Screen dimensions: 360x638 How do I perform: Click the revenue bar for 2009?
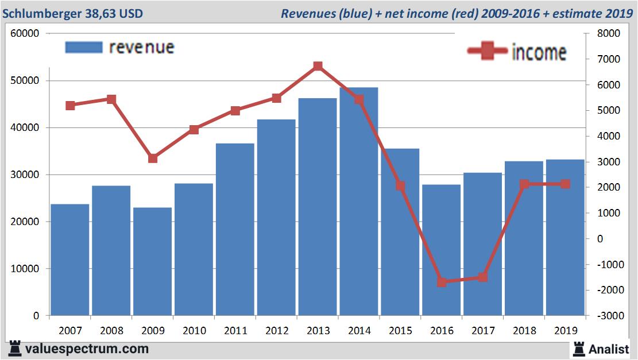pos(152,261)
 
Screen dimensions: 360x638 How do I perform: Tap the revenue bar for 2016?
pos(441,250)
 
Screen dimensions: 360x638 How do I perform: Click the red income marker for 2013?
pos(318,67)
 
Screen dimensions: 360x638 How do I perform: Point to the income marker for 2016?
pos(441,282)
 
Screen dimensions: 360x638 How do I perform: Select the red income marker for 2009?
pos(153,158)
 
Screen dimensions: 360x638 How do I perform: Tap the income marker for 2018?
pos(524,184)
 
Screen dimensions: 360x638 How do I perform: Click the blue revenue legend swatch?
pos(84,47)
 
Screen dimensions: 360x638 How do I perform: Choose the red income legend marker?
pos(487,51)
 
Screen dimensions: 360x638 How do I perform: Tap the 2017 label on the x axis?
pos(483,331)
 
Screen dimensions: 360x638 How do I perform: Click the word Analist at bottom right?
pos(609,349)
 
